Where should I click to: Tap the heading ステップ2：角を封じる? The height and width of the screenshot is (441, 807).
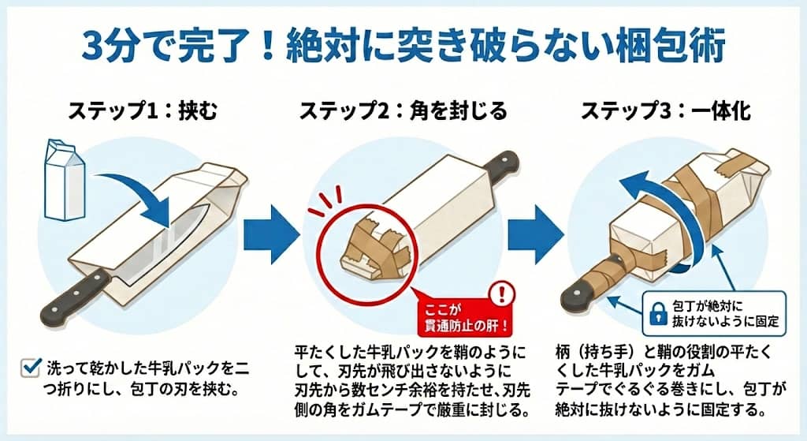coord(403,111)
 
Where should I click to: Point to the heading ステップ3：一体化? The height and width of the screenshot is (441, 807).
coord(666,111)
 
